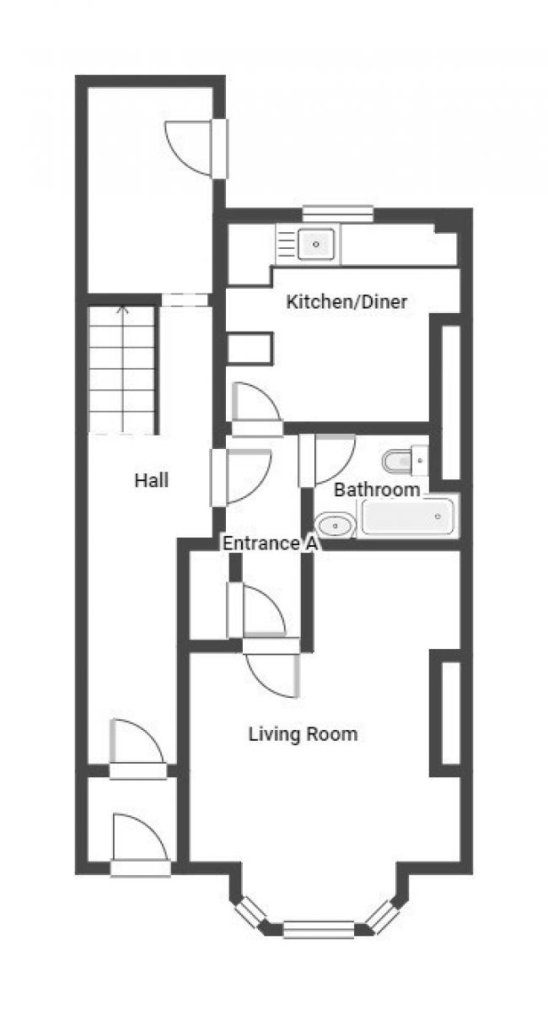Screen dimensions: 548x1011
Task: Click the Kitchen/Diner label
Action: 347,302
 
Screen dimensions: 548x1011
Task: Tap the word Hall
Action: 151,479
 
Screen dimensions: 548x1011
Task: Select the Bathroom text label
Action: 377,489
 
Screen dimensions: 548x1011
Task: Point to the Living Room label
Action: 303,733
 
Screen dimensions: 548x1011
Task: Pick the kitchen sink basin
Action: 316,244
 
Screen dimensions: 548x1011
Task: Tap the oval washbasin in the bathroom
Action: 336,526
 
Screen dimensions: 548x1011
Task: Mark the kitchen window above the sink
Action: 338,214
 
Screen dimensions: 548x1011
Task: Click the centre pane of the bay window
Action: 319,929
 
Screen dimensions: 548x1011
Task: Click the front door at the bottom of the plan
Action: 140,846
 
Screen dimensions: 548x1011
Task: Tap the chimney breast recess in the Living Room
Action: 451,712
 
